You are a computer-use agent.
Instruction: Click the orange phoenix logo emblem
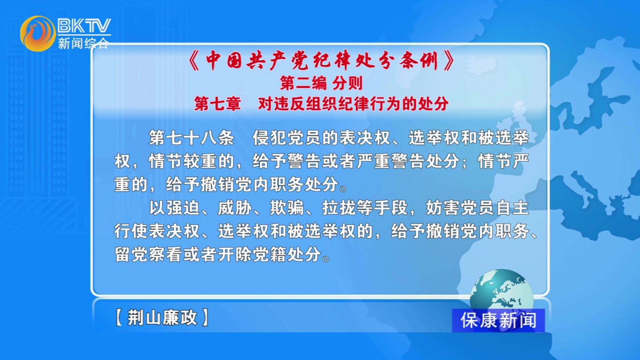point(38,34)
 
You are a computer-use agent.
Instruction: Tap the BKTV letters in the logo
point(84,26)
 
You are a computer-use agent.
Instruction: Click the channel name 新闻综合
point(83,43)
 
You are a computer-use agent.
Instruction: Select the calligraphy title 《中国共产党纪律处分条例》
point(321,61)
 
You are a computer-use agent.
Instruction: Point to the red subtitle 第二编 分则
point(321,83)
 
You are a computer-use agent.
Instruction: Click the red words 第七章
point(217,104)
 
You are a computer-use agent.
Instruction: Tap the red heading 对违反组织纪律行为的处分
point(353,104)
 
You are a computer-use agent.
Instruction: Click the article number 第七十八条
point(191,138)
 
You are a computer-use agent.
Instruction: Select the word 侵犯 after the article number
point(269,138)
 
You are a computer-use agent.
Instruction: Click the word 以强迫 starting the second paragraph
point(174,208)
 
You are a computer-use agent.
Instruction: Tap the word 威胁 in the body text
point(235,208)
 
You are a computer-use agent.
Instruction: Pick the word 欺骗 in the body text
point(287,208)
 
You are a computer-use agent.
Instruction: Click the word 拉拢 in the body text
point(339,208)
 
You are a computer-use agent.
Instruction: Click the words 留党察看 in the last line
point(148,254)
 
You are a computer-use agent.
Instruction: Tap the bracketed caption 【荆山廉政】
point(162,317)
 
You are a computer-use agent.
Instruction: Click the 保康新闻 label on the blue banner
point(498,320)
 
